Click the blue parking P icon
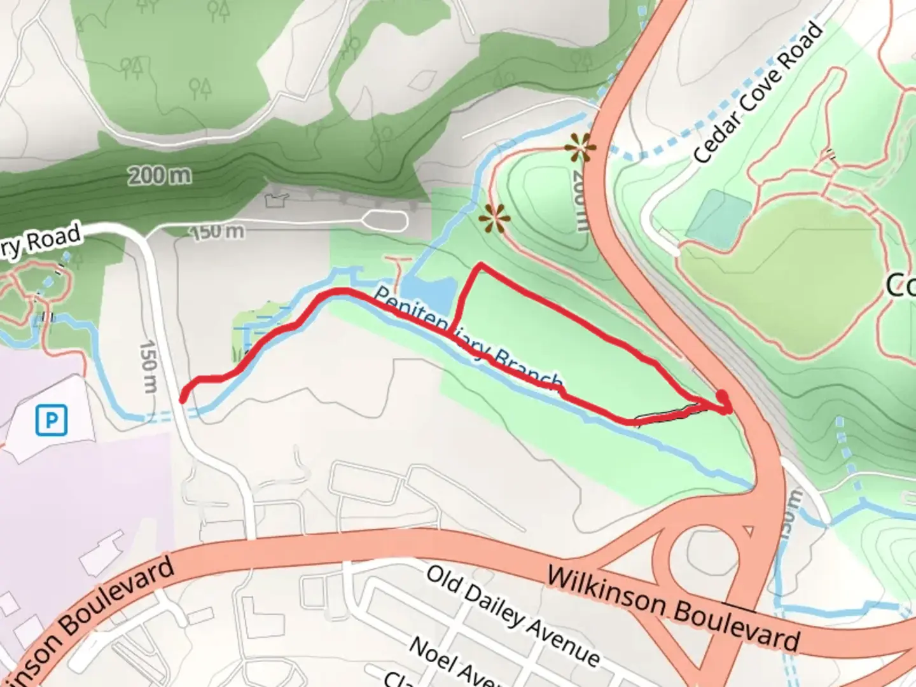(x=52, y=420)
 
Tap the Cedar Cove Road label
(x=758, y=92)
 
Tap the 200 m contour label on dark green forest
(x=159, y=174)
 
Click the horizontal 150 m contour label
(x=218, y=231)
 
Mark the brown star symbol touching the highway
(x=580, y=149)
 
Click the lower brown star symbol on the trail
(x=494, y=218)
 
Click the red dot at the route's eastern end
(x=723, y=397)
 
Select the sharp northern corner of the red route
(x=481, y=265)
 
